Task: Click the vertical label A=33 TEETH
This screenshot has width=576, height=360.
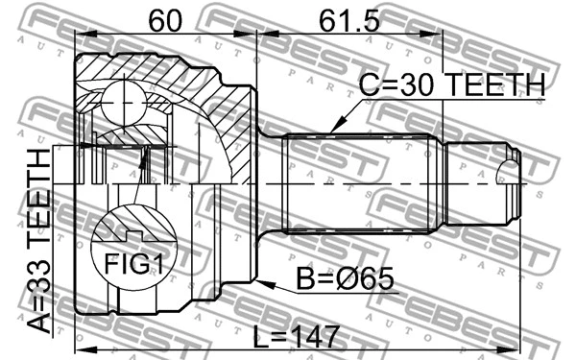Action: [40, 240]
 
